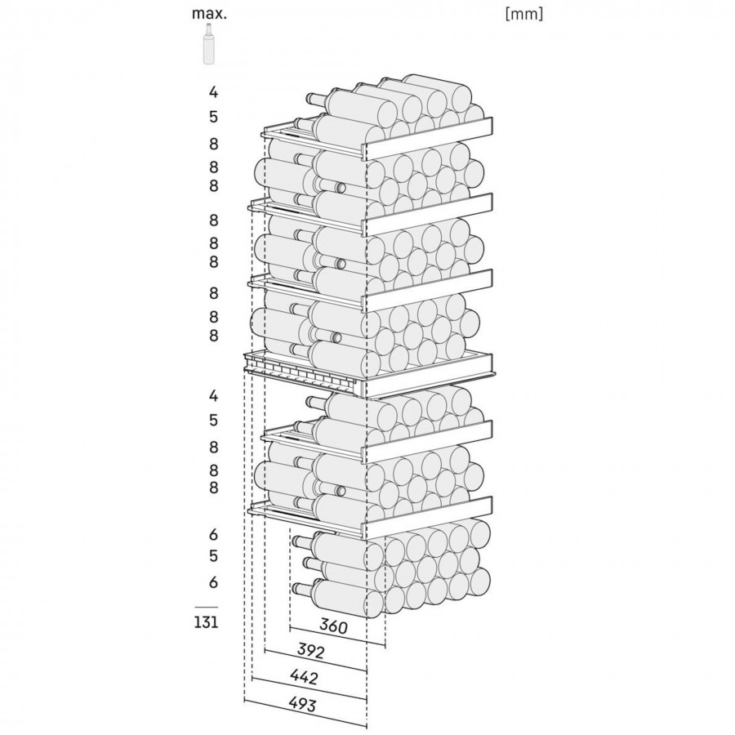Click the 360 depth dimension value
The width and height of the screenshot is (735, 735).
click(x=333, y=626)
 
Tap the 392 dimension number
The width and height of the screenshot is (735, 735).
click(x=311, y=651)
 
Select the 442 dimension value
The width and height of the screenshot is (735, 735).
click(x=304, y=677)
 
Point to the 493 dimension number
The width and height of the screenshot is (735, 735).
click(x=302, y=704)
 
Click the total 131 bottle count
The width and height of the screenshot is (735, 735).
click(x=207, y=622)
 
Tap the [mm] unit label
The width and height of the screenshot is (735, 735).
click(x=524, y=14)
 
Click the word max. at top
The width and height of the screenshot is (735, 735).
click(x=209, y=14)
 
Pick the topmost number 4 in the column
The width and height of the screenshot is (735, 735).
click(x=213, y=92)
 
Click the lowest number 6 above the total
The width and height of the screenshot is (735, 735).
click(x=213, y=582)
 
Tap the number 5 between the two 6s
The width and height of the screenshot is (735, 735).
click(x=213, y=556)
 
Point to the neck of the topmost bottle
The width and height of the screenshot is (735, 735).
click(x=317, y=99)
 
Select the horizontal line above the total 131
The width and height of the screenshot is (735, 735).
click(x=207, y=607)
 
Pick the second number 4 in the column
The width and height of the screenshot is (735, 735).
click(x=213, y=396)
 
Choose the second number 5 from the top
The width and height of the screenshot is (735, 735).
click(x=213, y=420)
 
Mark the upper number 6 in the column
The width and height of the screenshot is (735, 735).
click(x=213, y=534)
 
